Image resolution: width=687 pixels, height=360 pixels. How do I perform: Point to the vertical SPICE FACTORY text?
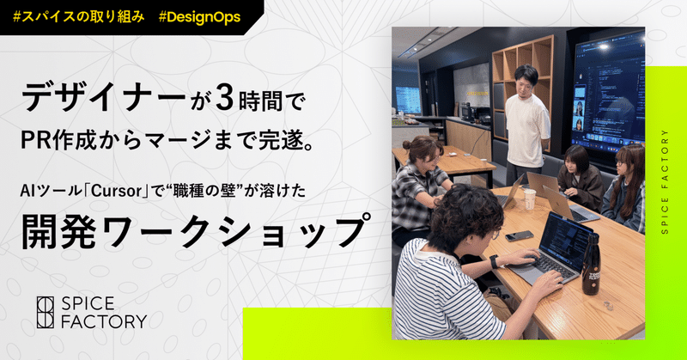666,180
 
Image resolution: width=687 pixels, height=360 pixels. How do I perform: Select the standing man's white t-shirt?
526,129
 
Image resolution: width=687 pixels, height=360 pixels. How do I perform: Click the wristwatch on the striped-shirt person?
495,260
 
